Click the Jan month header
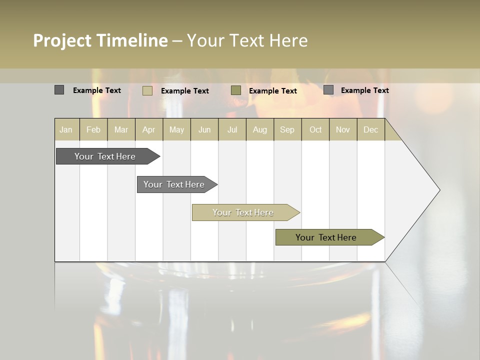[x=66, y=129]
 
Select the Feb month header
[x=93, y=129]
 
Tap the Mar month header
[x=121, y=129]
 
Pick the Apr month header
[x=149, y=129]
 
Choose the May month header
[x=176, y=129]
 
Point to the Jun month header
[x=204, y=129]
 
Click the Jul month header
[x=232, y=129]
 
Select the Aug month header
[x=260, y=129]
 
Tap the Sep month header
[x=287, y=129]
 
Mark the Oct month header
[x=315, y=129]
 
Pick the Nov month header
[x=343, y=129]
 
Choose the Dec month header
[x=371, y=129]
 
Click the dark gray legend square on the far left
[x=59, y=90]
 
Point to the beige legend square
[x=147, y=90]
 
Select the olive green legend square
[x=236, y=90]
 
